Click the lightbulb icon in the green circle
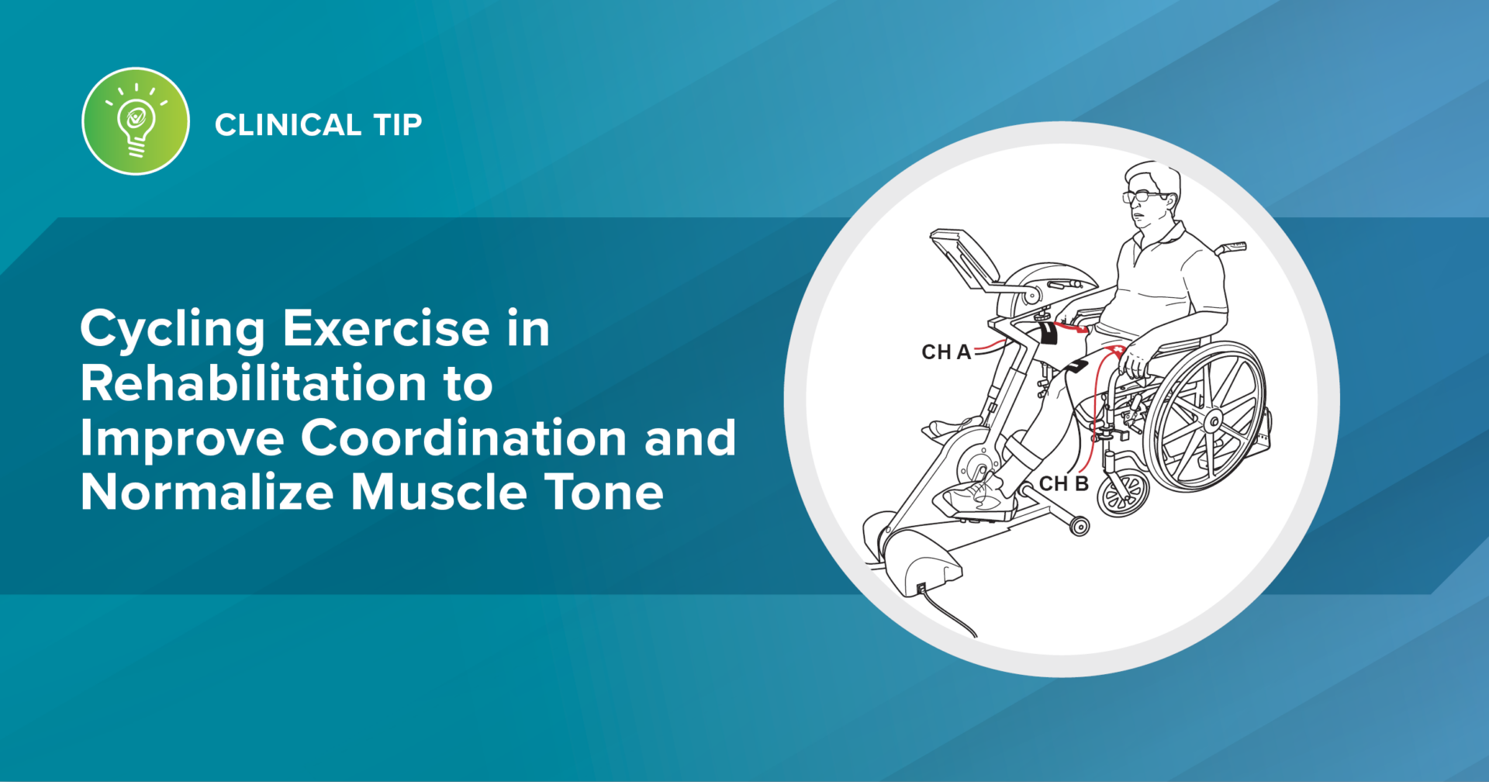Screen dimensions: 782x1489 [x=136, y=123]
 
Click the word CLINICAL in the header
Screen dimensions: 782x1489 [x=288, y=125]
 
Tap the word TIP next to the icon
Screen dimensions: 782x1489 [x=398, y=125]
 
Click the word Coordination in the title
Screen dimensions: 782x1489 [x=463, y=438]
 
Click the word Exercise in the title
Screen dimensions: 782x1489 [x=385, y=329]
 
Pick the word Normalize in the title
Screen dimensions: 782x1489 [x=207, y=492]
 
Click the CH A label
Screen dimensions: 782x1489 [x=945, y=352]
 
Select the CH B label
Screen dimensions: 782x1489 [x=1063, y=483]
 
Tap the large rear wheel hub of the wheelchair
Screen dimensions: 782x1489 [x=1212, y=421]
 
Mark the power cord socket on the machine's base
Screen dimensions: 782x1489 [x=921, y=589]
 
